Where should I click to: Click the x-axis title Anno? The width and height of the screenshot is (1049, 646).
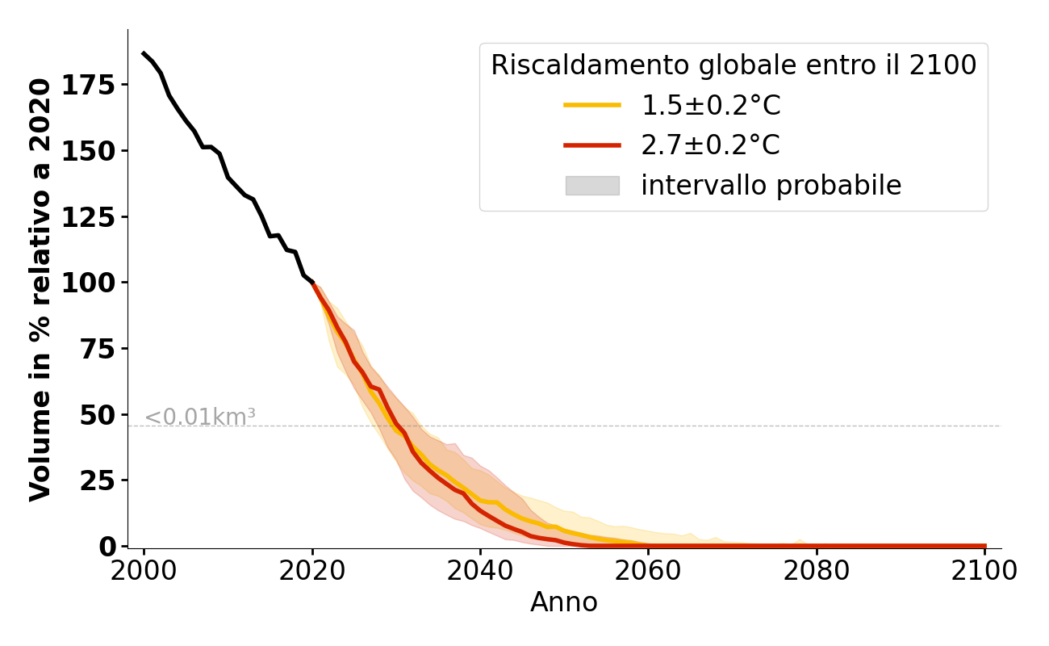pyautogui.click(x=564, y=602)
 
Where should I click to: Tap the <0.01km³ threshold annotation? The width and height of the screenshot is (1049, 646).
pyautogui.click(x=200, y=417)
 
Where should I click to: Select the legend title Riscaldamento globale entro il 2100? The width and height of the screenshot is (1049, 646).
pyautogui.click(x=733, y=65)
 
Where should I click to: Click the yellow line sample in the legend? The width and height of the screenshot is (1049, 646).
pyautogui.click(x=592, y=105)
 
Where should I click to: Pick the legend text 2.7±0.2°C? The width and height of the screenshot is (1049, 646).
pyautogui.click(x=710, y=145)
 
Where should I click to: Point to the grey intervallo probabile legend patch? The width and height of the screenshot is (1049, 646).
pyautogui.click(x=592, y=186)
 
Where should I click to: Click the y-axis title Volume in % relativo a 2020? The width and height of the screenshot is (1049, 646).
pyautogui.click(x=41, y=288)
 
